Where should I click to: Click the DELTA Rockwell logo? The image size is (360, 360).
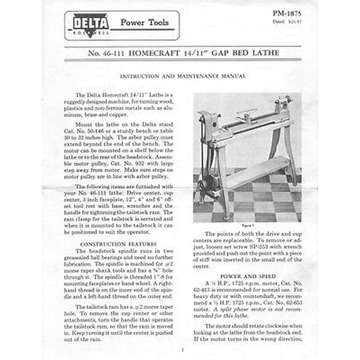click(x=92, y=26)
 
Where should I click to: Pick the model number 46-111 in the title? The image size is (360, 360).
click(x=109, y=54)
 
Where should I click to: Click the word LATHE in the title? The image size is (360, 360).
click(x=267, y=54)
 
